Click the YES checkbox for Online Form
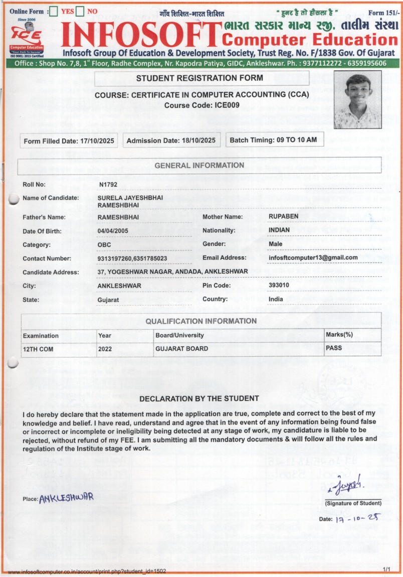click(x=54, y=12)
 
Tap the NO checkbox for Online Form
click(x=80, y=12)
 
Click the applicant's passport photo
click(x=356, y=99)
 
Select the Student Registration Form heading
click(x=199, y=78)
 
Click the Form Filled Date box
click(x=69, y=141)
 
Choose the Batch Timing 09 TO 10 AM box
click(x=273, y=140)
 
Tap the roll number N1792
click(x=108, y=185)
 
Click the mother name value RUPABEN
click(x=283, y=217)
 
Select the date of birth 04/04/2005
click(x=114, y=231)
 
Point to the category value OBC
click(x=104, y=245)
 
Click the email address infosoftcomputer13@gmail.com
click(x=313, y=258)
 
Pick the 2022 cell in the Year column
click(x=105, y=349)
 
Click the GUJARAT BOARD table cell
click(x=181, y=349)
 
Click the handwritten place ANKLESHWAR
click(x=66, y=498)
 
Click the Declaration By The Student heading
click(x=199, y=399)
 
